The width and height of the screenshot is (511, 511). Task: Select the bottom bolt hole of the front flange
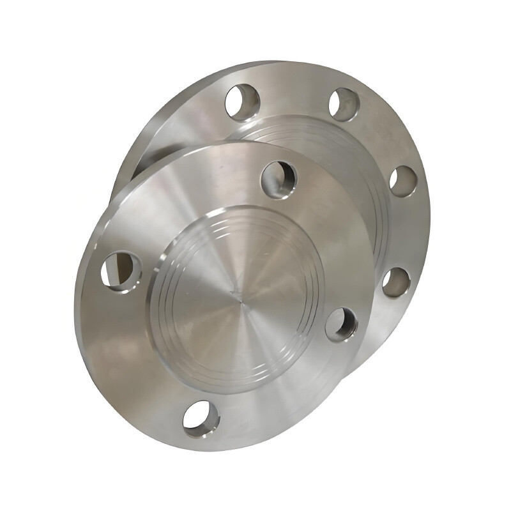[x=201, y=418]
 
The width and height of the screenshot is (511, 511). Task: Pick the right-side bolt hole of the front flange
[x=341, y=323]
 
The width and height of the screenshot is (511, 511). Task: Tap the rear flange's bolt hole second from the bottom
[x=403, y=181]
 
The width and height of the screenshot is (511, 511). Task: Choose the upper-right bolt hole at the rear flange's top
[x=344, y=104]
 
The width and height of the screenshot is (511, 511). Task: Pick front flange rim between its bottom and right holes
[x=287, y=396]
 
